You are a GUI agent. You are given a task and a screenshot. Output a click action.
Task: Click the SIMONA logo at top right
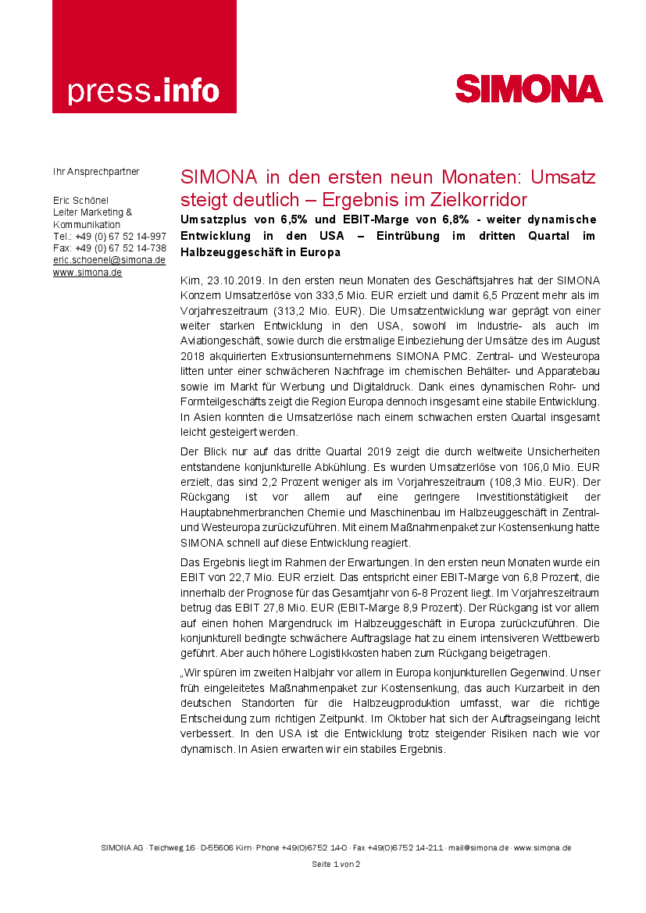[x=529, y=89]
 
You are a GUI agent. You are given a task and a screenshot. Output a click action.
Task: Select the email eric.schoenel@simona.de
[x=109, y=260]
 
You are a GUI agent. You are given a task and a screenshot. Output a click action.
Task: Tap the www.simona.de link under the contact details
[x=87, y=273]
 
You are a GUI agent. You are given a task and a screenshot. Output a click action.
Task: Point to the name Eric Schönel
[x=81, y=200]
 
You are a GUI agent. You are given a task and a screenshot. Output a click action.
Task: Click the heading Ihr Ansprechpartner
[x=96, y=170]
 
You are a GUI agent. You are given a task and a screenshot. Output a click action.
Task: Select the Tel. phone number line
[x=109, y=236]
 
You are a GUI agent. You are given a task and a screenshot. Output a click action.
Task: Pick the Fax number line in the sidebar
[x=109, y=248]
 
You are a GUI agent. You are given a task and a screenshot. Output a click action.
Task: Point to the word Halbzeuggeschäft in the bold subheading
[x=234, y=252]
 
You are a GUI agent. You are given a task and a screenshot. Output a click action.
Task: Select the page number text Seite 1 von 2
[x=336, y=864]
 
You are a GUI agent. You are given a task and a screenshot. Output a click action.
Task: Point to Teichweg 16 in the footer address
[x=172, y=847]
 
